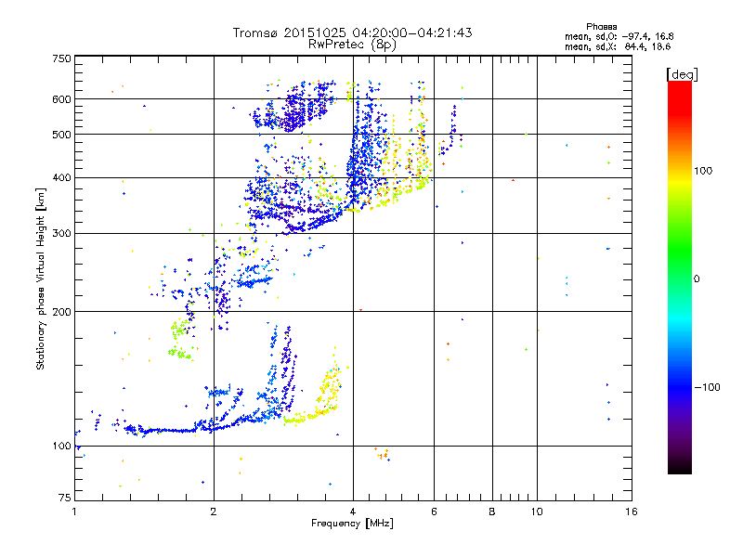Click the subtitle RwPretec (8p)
[352, 44]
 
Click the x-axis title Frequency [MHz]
[352, 524]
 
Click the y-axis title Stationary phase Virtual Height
[41, 278]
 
